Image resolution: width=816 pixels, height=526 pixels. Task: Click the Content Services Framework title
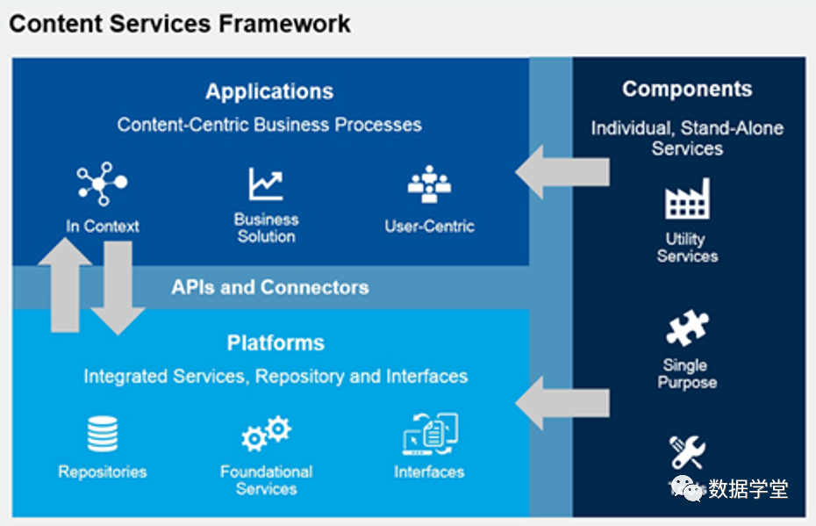180,24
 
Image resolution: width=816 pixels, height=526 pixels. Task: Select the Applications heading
269,91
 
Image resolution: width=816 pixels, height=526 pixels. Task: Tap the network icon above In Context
102,184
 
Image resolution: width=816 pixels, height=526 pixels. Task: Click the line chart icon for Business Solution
266,184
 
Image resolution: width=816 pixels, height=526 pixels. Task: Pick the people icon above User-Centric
429,184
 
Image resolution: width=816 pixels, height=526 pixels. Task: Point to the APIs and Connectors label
269,287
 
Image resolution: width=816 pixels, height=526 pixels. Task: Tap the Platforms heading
276,342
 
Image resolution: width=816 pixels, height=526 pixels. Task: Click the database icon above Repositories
102,434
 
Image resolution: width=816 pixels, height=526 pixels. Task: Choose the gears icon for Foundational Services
266,434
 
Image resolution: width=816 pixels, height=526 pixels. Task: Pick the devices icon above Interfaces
430,434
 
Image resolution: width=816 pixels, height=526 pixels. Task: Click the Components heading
687,90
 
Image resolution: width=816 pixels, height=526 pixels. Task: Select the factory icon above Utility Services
687,199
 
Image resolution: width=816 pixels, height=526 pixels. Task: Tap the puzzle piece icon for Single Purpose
687,328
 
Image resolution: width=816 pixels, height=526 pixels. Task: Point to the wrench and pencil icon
687,451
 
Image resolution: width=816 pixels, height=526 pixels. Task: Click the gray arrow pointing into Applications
562,172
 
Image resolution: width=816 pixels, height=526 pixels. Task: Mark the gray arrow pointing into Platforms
562,402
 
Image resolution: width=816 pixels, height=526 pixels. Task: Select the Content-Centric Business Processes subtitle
269,125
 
